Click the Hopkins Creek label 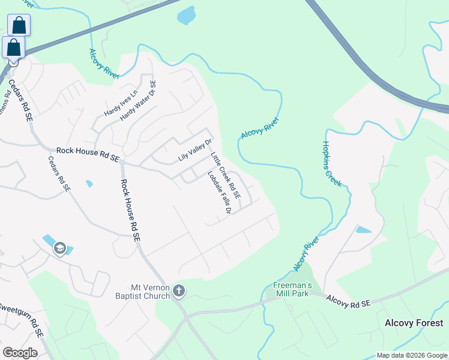click(332, 164)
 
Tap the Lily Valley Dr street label click(196, 151)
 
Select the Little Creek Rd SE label click(225, 175)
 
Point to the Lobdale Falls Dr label click(219, 194)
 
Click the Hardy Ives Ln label click(121, 102)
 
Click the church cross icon click(178, 292)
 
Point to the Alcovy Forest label click(414, 323)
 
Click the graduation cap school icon click(59, 248)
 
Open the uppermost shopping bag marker click(19, 25)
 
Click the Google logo click(20, 353)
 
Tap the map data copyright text click(411, 355)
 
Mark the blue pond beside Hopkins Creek click(363, 229)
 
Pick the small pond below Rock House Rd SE click(89, 183)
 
